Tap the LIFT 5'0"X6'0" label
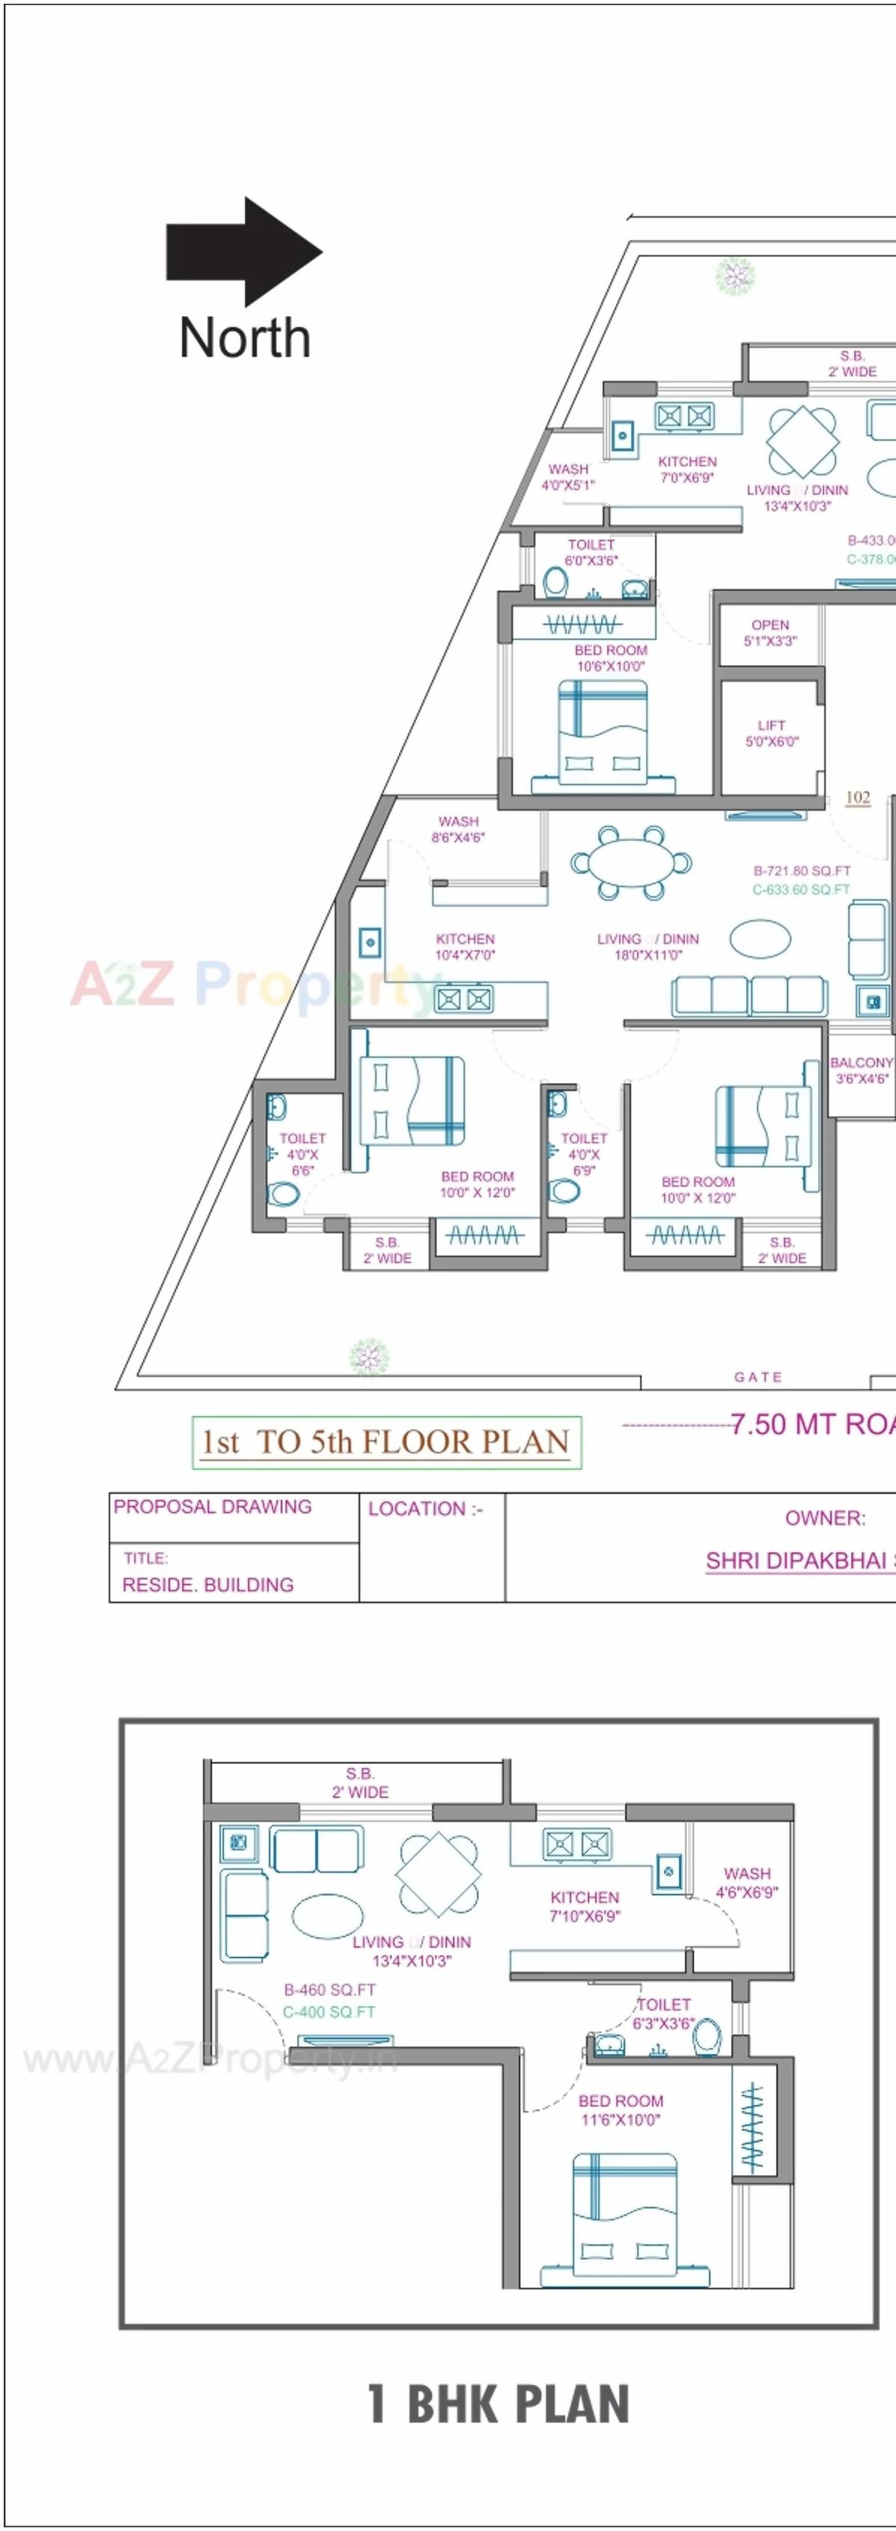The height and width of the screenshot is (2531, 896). coord(771,733)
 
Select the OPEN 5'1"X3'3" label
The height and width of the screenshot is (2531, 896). coord(770,633)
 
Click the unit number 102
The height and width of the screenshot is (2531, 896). coord(858,797)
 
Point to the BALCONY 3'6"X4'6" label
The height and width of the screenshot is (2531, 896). coord(862,1070)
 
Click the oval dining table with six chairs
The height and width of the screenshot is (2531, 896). coord(631,863)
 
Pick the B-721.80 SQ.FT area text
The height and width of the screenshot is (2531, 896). coord(802,871)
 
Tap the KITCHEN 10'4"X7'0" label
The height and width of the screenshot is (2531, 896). coord(465,947)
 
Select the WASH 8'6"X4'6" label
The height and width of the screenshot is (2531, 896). coord(458,829)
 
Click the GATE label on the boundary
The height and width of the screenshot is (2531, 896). coord(758,1378)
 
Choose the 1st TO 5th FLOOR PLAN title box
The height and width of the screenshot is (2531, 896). coord(386,1442)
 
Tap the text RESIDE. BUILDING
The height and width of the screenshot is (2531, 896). coord(207,1584)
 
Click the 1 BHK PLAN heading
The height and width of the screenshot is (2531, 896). coord(498,2404)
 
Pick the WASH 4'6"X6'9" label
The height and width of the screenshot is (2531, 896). coord(747,1883)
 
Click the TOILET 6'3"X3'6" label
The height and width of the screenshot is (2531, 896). coord(664,2014)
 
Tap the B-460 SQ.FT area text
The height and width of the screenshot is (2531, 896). coord(329,1990)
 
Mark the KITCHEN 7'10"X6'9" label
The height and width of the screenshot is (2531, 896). coord(585,1906)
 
